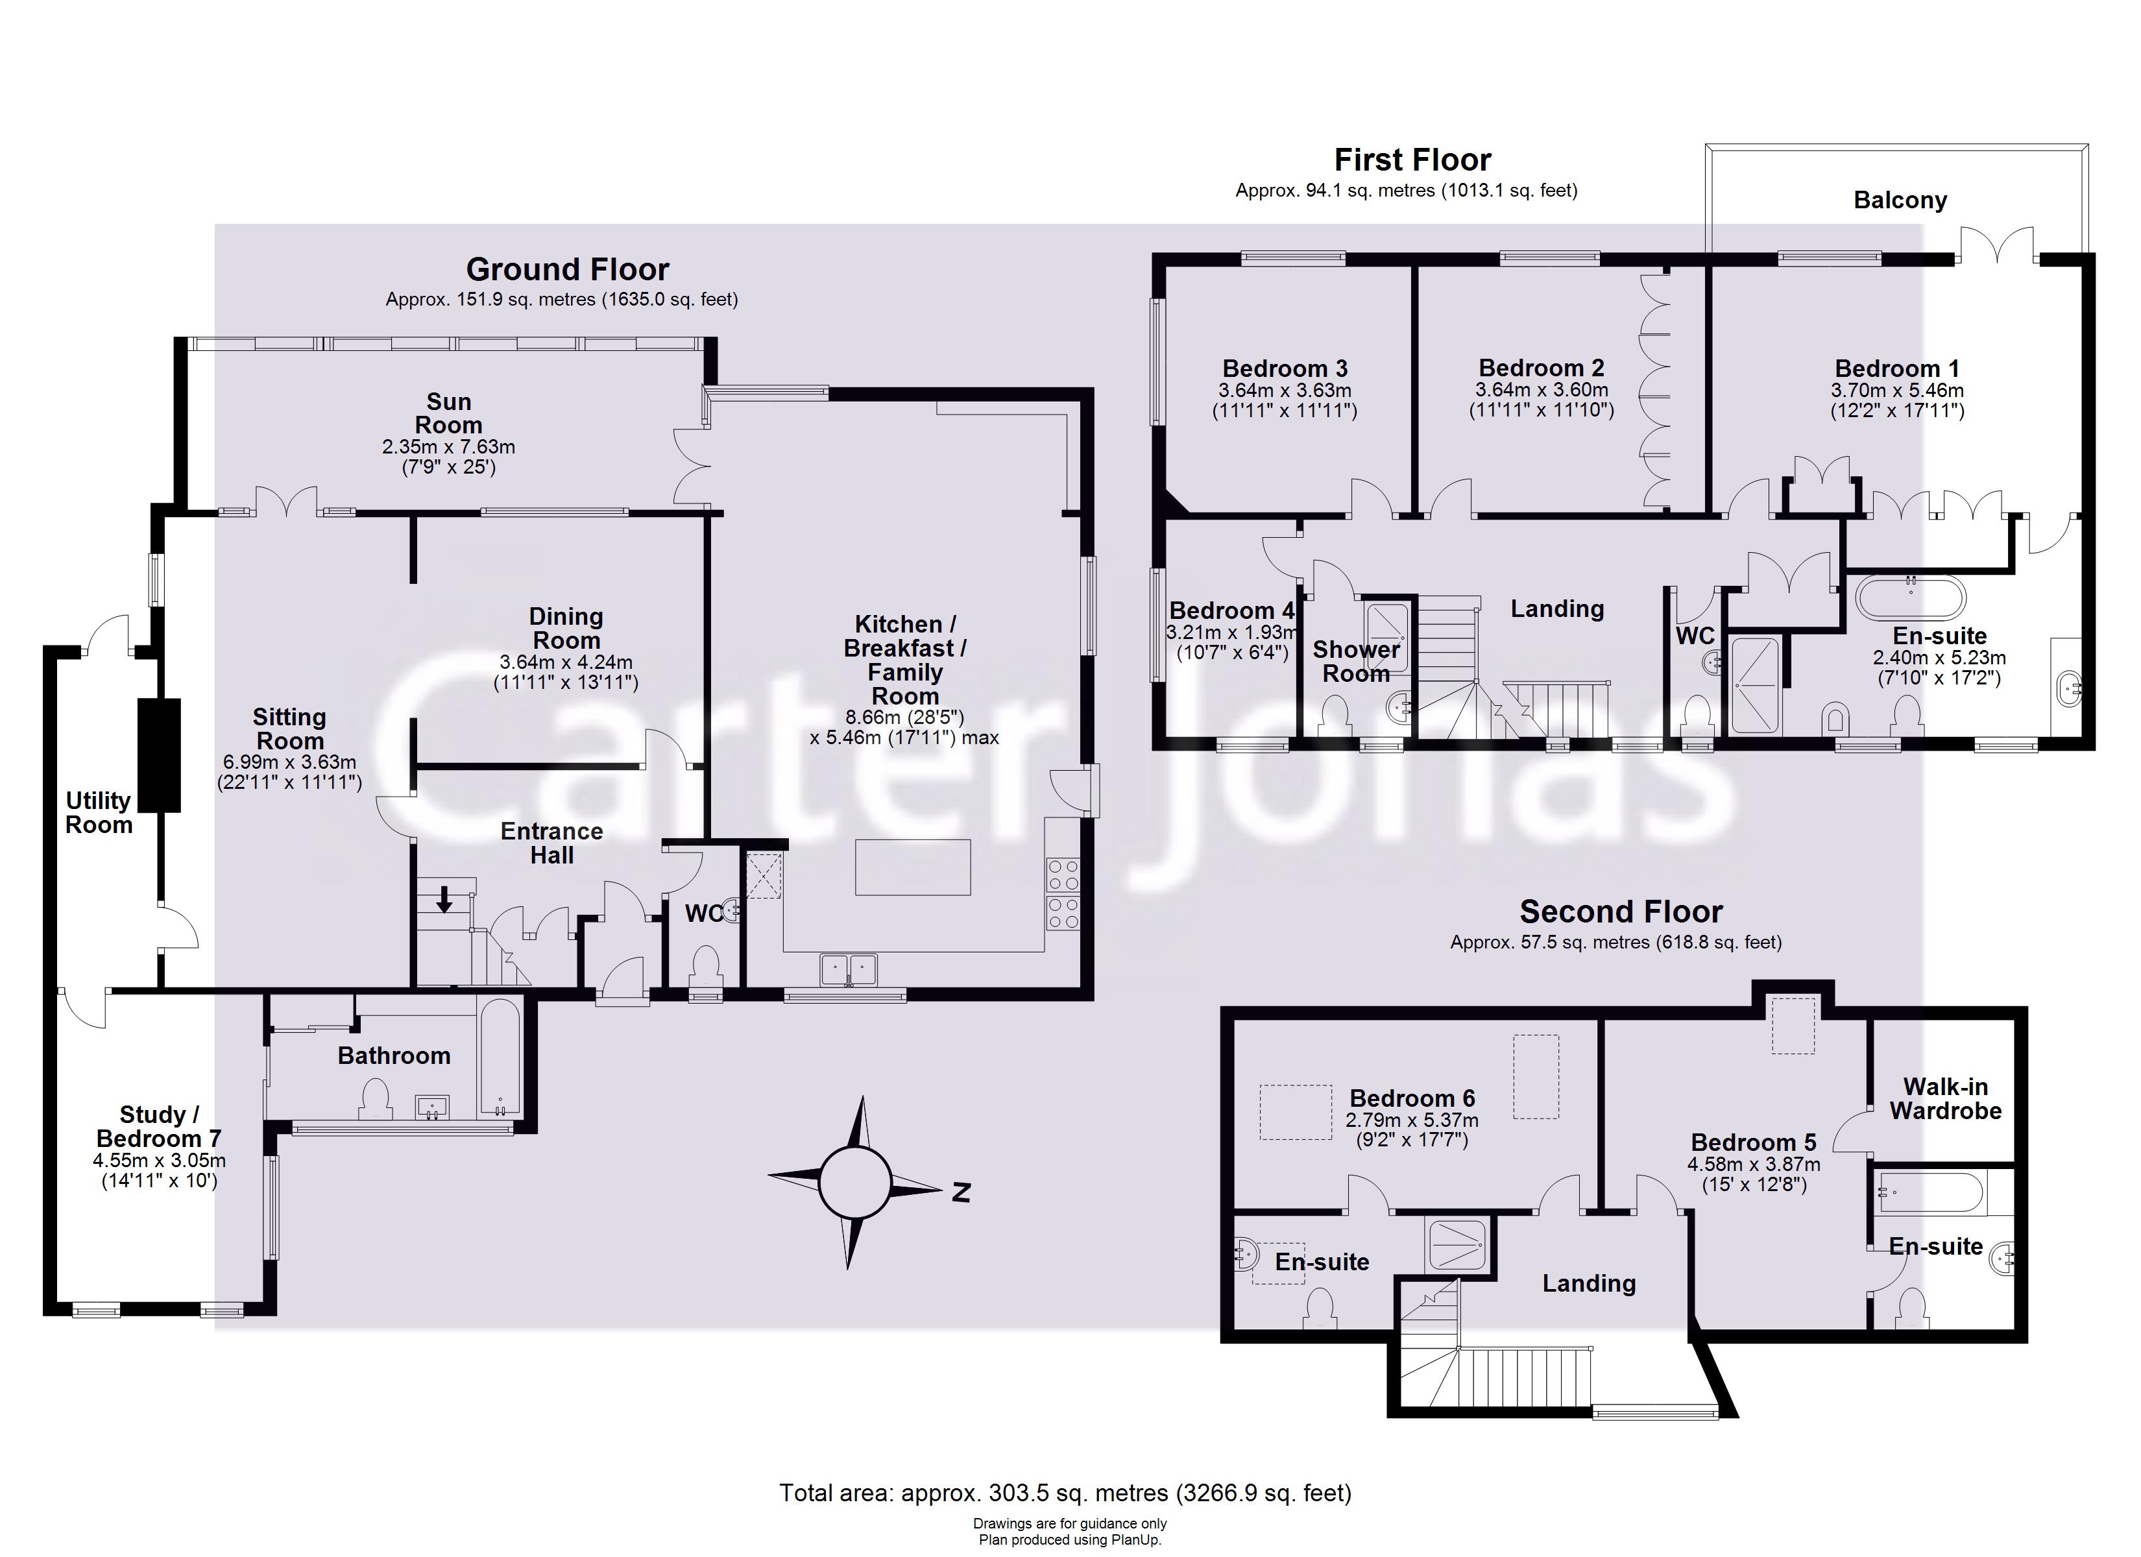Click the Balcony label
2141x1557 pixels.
tap(1900, 200)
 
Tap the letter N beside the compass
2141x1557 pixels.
tap(961, 1192)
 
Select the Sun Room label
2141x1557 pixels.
tap(448, 413)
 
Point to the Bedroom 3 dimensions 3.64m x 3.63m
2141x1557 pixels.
tap(1284, 390)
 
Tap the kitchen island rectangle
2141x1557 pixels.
tap(913, 867)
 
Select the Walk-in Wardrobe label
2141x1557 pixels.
tap(1944, 1099)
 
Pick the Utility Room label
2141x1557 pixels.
tap(98, 812)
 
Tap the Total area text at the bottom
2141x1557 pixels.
tap(1065, 1493)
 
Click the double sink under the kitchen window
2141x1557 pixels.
tap(849, 969)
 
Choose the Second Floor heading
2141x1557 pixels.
tap(1621, 912)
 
